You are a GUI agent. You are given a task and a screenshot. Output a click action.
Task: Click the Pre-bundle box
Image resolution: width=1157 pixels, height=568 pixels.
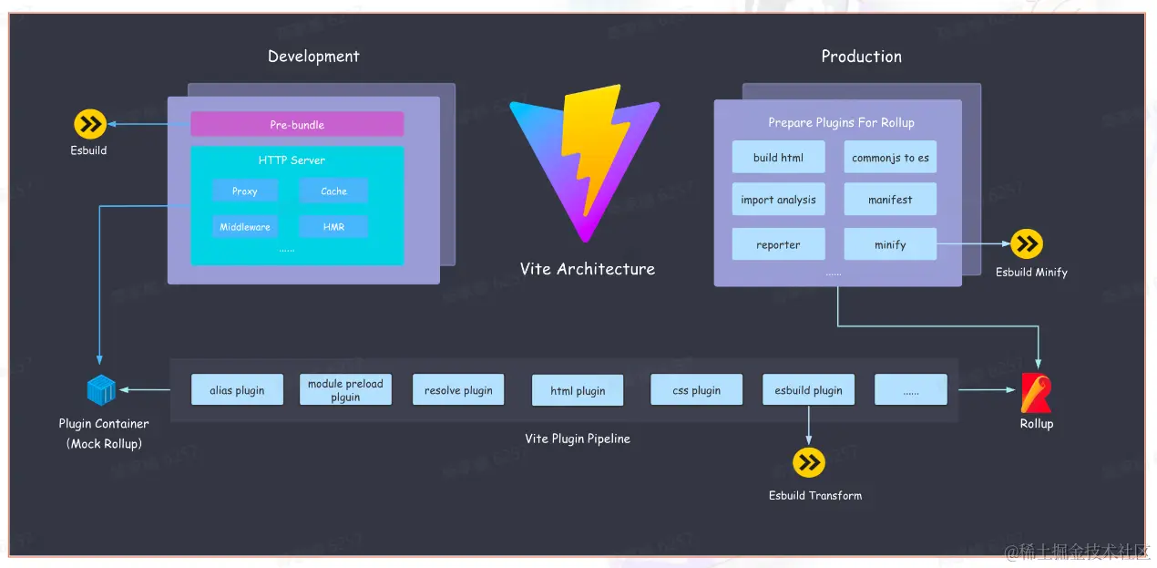pos(297,125)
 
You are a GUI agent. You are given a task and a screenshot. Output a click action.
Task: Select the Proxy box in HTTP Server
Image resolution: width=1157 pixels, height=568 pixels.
pos(244,191)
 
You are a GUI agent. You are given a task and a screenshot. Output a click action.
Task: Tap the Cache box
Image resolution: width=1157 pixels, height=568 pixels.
pos(333,191)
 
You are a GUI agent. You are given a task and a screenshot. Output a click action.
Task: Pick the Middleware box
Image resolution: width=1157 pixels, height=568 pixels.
pos(244,227)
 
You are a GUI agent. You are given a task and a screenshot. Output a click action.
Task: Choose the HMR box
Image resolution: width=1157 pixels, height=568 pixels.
pos(333,227)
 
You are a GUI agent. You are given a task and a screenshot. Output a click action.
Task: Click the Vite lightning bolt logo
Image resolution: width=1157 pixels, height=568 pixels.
pos(586,160)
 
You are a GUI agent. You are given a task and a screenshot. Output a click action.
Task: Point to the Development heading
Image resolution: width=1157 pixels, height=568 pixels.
pos(313,57)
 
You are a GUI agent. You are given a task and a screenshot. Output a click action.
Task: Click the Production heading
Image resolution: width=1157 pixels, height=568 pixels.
pos(861,57)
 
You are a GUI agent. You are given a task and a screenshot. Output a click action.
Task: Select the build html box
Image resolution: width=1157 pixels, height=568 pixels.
pos(778,158)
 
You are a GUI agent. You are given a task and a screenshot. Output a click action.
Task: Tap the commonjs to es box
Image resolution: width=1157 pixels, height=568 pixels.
pos(890,158)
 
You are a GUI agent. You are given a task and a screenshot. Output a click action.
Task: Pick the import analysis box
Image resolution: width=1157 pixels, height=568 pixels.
pos(778,200)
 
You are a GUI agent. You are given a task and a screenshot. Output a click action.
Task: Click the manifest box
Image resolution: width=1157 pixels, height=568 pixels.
pos(890,200)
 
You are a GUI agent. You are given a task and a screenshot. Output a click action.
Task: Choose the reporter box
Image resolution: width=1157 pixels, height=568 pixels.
pos(778,244)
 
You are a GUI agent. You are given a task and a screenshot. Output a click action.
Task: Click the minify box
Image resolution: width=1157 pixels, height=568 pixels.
pos(890,244)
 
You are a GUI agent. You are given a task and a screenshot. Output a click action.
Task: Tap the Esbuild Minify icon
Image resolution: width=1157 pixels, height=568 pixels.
pos(1027,244)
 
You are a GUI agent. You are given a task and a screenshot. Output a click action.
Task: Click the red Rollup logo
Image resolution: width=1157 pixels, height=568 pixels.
pos(1036,393)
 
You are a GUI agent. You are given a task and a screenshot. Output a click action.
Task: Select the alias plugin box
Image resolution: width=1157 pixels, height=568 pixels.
pos(237,390)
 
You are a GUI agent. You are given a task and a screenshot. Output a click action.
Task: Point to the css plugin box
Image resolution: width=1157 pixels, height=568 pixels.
pos(696,390)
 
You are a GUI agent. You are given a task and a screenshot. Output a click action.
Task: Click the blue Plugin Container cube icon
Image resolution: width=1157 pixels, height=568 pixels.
pos(101,390)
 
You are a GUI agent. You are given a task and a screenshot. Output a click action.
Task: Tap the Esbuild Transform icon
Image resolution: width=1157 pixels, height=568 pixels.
pos(808,463)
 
